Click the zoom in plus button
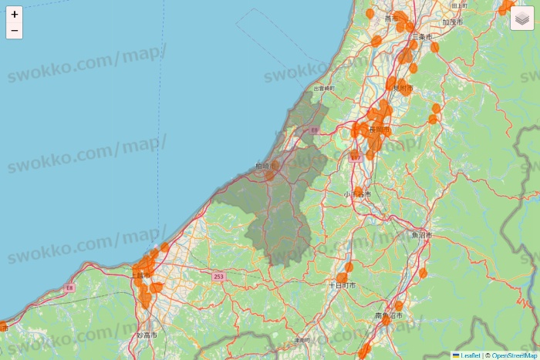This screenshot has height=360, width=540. [14, 14]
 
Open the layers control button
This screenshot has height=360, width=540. [521, 19]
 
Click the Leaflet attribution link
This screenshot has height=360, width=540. [471, 355]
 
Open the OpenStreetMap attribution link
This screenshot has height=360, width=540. [515, 355]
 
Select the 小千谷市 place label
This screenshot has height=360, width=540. [357, 195]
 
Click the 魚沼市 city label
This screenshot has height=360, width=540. [422, 235]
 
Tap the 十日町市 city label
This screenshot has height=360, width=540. [343, 285]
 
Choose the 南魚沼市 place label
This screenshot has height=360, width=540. [389, 316]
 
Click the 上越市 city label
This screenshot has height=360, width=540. [141, 275]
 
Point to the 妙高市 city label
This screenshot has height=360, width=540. [146, 336]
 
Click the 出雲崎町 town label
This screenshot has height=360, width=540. [324, 89]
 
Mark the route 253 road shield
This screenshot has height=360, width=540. [218, 276]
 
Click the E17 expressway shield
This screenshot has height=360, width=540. [355, 156]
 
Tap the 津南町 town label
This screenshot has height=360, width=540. [302, 340]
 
